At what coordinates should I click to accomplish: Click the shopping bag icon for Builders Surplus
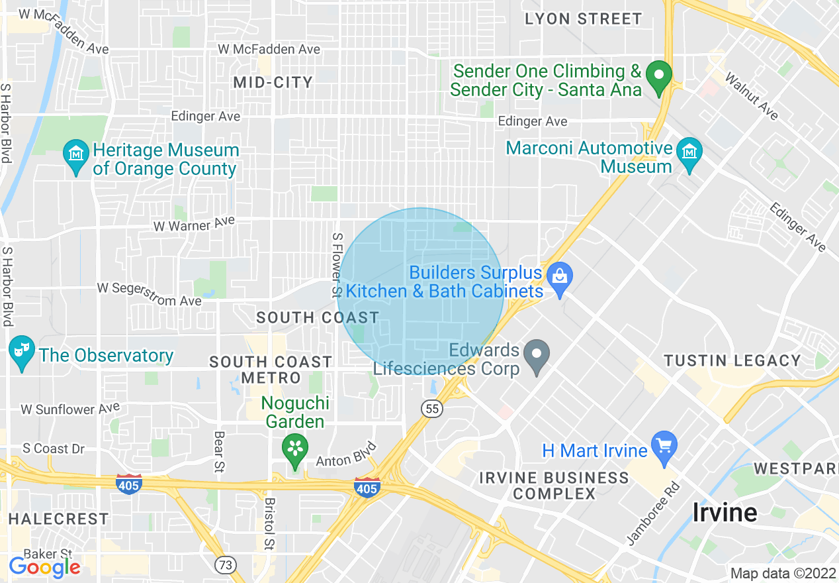560,280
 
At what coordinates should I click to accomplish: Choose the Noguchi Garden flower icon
295,447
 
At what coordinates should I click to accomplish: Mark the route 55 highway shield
433,409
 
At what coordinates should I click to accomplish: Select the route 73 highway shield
226,564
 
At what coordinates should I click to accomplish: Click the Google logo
44,567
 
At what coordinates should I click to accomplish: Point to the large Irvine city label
725,512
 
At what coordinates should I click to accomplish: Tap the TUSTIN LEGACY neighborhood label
732,361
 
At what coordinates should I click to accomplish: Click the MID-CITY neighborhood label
273,82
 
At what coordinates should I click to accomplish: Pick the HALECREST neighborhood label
58,518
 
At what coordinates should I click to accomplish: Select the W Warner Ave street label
194,224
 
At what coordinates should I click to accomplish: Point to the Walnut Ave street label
752,96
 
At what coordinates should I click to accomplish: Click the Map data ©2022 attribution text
781,573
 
